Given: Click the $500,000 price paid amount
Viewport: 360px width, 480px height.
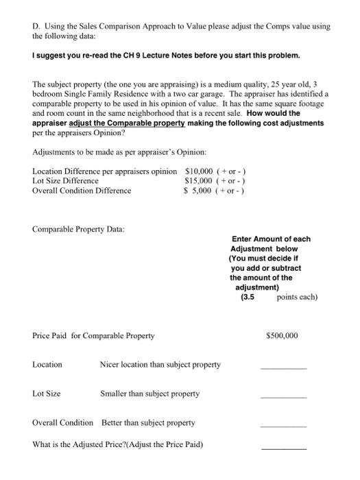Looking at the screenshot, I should pyautogui.click(x=282, y=336).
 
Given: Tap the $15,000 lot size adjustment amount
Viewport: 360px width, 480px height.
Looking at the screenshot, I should pyautogui.click(x=200, y=180).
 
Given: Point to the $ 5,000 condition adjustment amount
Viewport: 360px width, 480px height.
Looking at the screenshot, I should pyautogui.click(x=200, y=190).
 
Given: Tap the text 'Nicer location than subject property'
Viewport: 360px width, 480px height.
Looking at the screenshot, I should pyautogui.click(x=160, y=365).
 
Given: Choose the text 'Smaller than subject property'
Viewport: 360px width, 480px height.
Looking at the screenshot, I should pyautogui.click(x=150, y=394).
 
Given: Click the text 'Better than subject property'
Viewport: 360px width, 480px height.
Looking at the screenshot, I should pyautogui.click(x=148, y=422).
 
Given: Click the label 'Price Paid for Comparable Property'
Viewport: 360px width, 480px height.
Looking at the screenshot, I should pyautogui.click(x=93, y=336).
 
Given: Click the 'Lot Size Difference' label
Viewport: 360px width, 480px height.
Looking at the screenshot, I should pyautogui.click(x=65, y=180).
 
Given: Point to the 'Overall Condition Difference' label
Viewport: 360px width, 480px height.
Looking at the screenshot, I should pyautogui.click(x=82, y=190).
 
